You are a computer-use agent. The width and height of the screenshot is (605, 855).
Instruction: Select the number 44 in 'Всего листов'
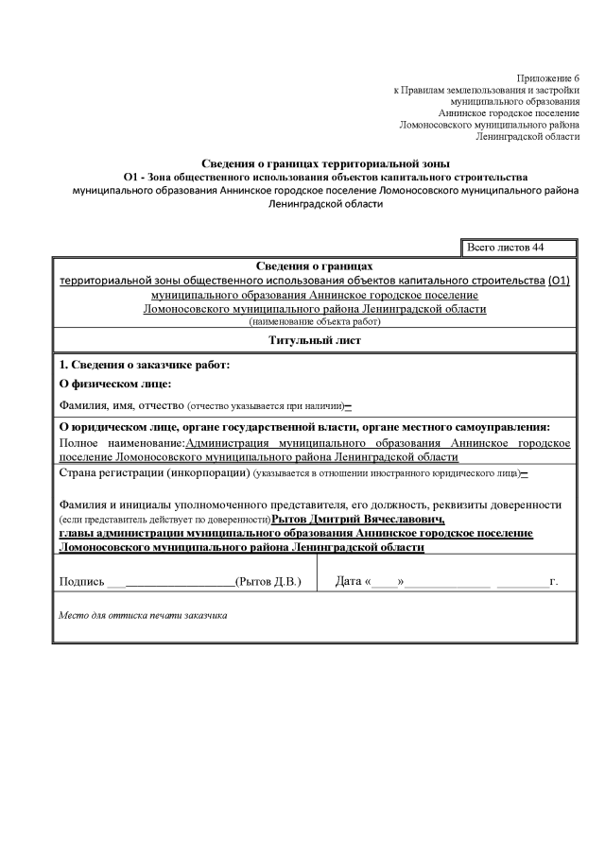coord(537,248)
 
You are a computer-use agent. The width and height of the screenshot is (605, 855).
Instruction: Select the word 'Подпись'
coord(81,581)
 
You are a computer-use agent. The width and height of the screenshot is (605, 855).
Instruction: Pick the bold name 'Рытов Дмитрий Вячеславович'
coord(357,520)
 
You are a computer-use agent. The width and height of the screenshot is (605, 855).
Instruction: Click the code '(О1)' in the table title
coord(559,282)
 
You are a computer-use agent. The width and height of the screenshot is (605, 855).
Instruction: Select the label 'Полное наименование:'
coord(122,442)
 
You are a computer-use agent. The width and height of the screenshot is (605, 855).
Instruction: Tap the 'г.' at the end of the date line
coord(553,581)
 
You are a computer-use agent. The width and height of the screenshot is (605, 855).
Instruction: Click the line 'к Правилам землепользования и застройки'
coord(486,89)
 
